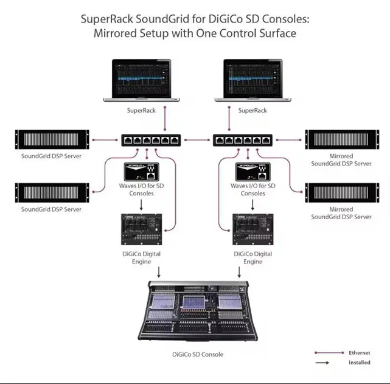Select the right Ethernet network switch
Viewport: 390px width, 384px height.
[x=241, y=140]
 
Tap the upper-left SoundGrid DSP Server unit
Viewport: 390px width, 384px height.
[x=51, y=140]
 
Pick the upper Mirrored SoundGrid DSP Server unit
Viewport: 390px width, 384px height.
[x=340, y=140]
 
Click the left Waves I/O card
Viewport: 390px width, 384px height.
[x=141, y=172]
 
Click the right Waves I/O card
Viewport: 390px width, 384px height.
[x=252, y=172]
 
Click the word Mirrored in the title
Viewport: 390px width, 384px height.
[x=120, y=33]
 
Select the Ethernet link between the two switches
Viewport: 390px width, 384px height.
[x=195, y=140]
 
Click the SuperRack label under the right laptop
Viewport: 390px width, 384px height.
[x=252, y=110]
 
